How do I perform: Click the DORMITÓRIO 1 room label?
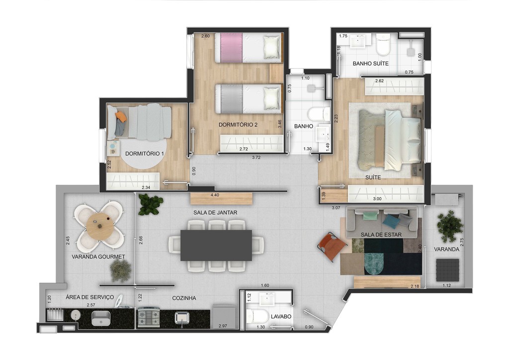[145, 154]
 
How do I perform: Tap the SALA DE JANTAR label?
[215, 212]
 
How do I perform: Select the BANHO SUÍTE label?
[370, 64]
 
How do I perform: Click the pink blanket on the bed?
[229, 48]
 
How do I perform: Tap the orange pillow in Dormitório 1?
[121, 116]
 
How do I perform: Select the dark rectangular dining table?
[216, 245]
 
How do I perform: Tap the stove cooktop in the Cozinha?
[148, 317]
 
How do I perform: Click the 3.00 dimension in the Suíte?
[378, 198]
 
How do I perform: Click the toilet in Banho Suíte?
[383, 46]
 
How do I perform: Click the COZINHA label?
[184, 298]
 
